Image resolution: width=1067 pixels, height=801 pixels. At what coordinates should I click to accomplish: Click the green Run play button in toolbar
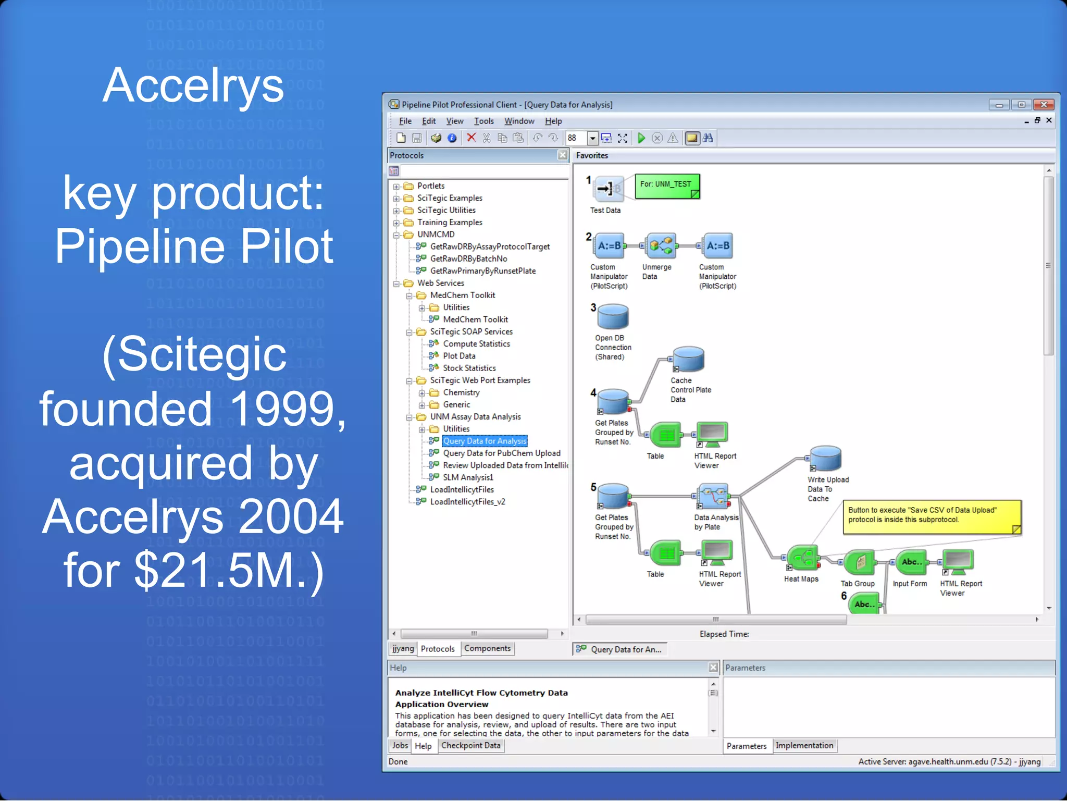click(641, 138)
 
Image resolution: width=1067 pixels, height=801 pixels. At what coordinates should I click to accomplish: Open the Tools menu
click(483, 121)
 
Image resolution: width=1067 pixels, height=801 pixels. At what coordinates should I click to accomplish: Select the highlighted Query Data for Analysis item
click(485, 441)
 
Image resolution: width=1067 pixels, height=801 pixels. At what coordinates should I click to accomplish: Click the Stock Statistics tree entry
click(469, 368)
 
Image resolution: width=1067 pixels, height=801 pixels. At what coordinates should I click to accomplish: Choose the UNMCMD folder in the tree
click(436, 235)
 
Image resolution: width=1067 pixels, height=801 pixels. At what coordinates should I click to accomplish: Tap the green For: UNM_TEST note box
click(667, 186)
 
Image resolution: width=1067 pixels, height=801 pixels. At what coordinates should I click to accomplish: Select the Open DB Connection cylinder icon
click(613, 317)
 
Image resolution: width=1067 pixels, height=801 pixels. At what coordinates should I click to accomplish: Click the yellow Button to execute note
click(932, 516)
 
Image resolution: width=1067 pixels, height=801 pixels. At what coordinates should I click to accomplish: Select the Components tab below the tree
click(487, 648)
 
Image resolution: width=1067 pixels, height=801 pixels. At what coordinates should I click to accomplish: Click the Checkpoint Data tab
click(470, 746)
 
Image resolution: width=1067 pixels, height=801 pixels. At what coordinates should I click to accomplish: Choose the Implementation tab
click(804, 746)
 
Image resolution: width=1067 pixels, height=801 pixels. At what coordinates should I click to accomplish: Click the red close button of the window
click(1044, 105)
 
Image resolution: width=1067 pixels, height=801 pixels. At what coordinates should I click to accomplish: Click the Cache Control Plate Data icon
click(689, 360)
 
